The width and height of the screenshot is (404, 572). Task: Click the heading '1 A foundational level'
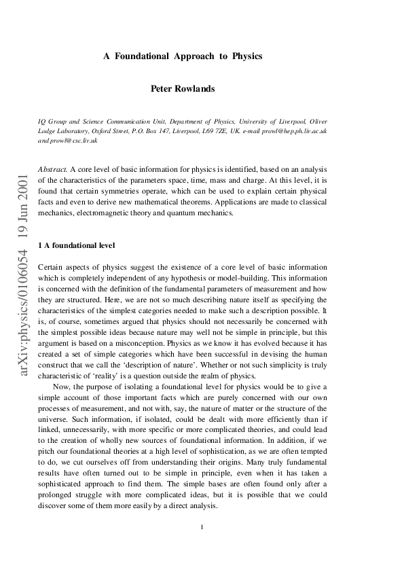pyautogui.click(x=77, y=245)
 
